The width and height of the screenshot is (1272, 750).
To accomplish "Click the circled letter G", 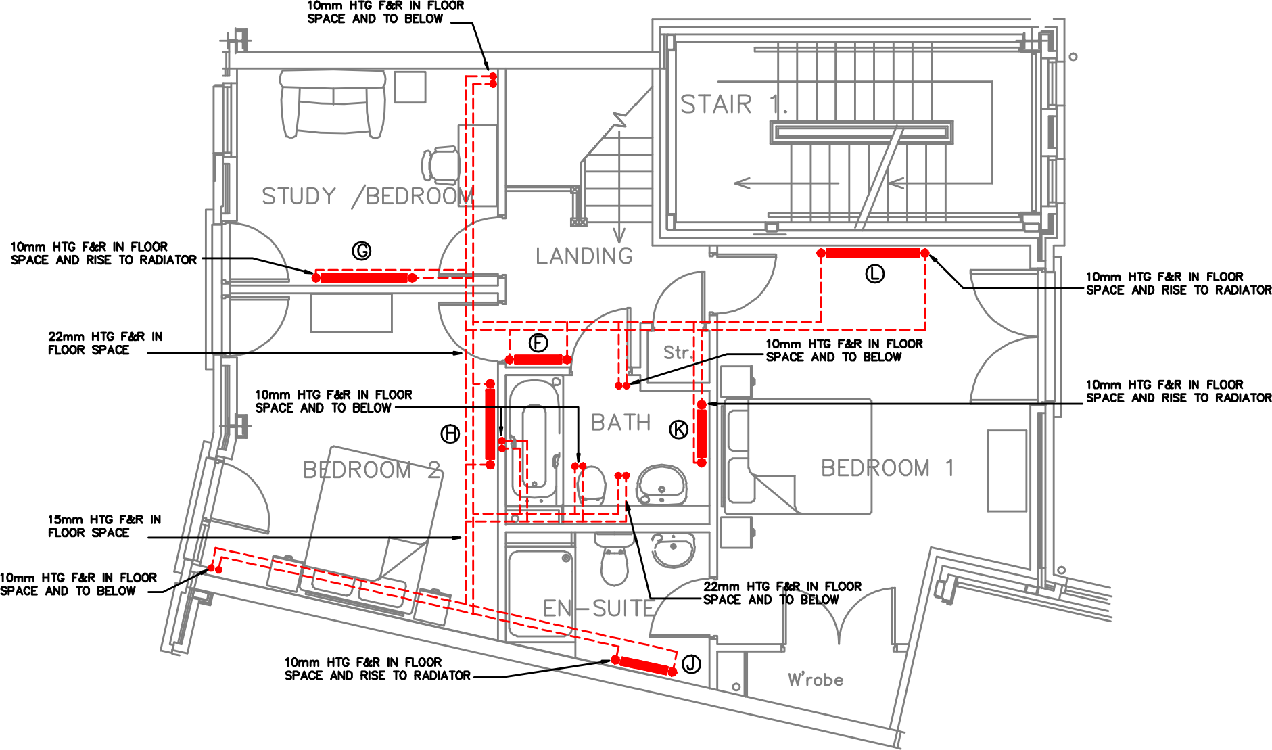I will pos(362,252).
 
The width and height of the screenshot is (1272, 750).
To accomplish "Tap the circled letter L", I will pos(875,274).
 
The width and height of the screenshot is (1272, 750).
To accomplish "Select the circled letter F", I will pos(538,343).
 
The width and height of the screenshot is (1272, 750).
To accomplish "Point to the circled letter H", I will pos(450,434).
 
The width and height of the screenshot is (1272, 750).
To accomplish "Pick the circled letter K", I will pos(679,429).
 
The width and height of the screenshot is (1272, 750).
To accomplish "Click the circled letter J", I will pos(691,664).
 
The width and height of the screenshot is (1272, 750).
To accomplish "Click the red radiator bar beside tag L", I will pos(872,253).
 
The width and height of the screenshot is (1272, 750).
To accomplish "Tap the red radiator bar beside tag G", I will pos(364,277).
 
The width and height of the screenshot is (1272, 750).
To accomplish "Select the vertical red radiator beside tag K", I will pos(702,433).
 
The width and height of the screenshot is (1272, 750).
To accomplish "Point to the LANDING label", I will pos(584,256).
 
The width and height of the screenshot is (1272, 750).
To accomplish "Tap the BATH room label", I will pos(620,423).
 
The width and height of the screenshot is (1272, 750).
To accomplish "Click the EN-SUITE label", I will pos(598,609).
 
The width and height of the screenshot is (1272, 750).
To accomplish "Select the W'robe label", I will pos(816,680).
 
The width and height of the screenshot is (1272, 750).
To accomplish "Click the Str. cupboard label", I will pos(677,353).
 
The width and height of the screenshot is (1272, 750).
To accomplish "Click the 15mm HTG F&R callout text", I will pos(104,526).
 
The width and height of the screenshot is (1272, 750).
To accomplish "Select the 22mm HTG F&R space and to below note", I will pos(782,593).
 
